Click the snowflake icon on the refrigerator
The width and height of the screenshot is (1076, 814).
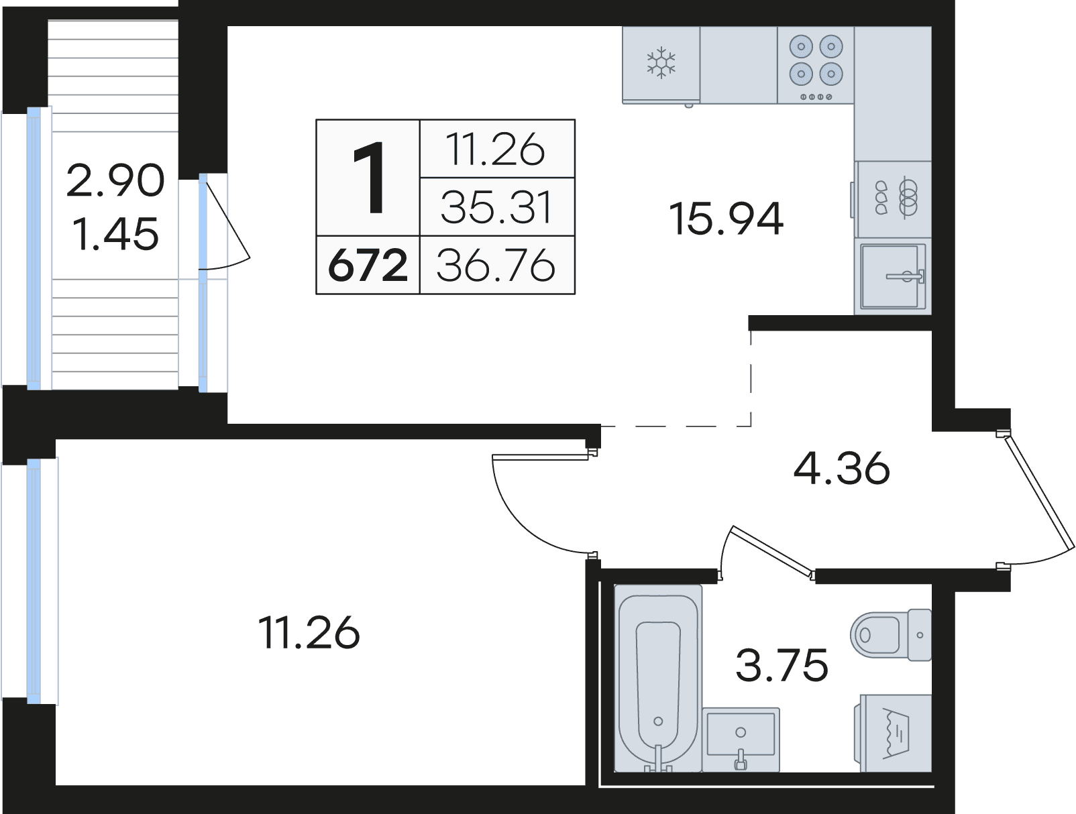tap(661, 62)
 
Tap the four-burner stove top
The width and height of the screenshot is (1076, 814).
tap(816, 64)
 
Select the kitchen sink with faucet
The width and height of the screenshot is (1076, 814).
tap(893, 276)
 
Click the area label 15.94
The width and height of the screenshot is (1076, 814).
tap(726, 219)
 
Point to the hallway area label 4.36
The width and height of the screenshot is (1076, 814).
tap(841, 468)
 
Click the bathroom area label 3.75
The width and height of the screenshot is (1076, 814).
tap(782, 664)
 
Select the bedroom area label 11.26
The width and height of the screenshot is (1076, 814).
tap(309, 632)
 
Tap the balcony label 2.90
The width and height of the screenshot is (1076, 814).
tap(115, 181)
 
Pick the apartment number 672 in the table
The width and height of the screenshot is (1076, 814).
tap(368, 266)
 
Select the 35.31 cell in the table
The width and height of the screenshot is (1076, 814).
tap(496, 207)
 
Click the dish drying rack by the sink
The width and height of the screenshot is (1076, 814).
tap(893, 199)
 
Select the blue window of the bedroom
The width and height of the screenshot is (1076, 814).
tap(34, 581)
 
